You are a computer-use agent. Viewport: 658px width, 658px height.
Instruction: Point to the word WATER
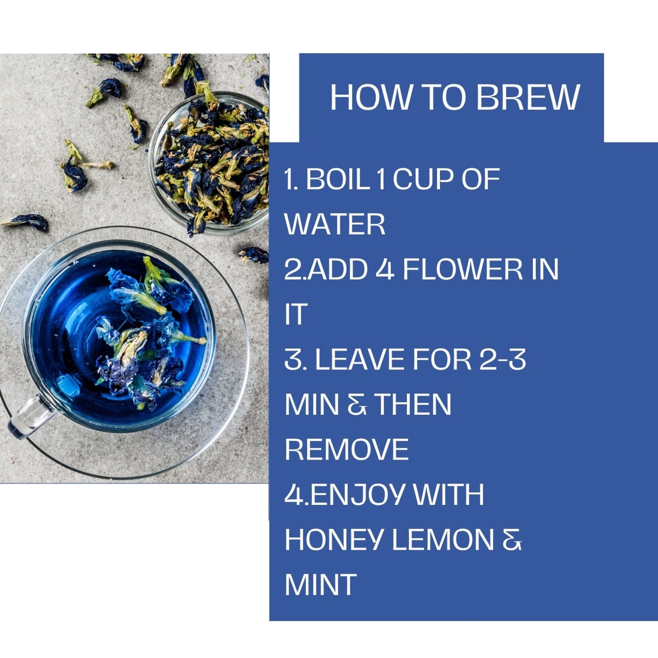point(335,224)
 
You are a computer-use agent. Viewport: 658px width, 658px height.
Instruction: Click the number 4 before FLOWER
point(385,269)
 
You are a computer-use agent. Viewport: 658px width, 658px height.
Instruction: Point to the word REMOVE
point(347,450)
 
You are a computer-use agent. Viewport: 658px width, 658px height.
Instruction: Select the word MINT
point(320,585)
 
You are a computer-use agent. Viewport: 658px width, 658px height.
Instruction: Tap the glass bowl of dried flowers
point(208,164)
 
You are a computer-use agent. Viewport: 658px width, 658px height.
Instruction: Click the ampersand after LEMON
point(512,540)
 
